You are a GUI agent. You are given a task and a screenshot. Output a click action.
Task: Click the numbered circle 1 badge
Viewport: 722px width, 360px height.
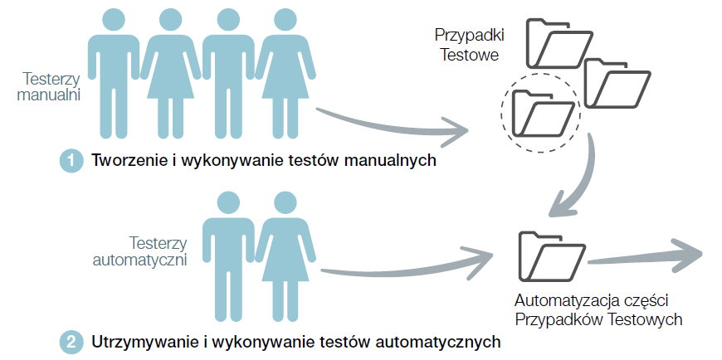click(71, 161)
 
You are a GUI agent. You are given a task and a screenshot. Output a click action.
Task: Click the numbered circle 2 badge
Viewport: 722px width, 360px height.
click(71, 341)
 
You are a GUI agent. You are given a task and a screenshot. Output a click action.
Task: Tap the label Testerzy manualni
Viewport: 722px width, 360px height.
click(52, 86)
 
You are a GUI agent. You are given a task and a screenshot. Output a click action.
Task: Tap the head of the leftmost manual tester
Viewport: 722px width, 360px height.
click(115, 18)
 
